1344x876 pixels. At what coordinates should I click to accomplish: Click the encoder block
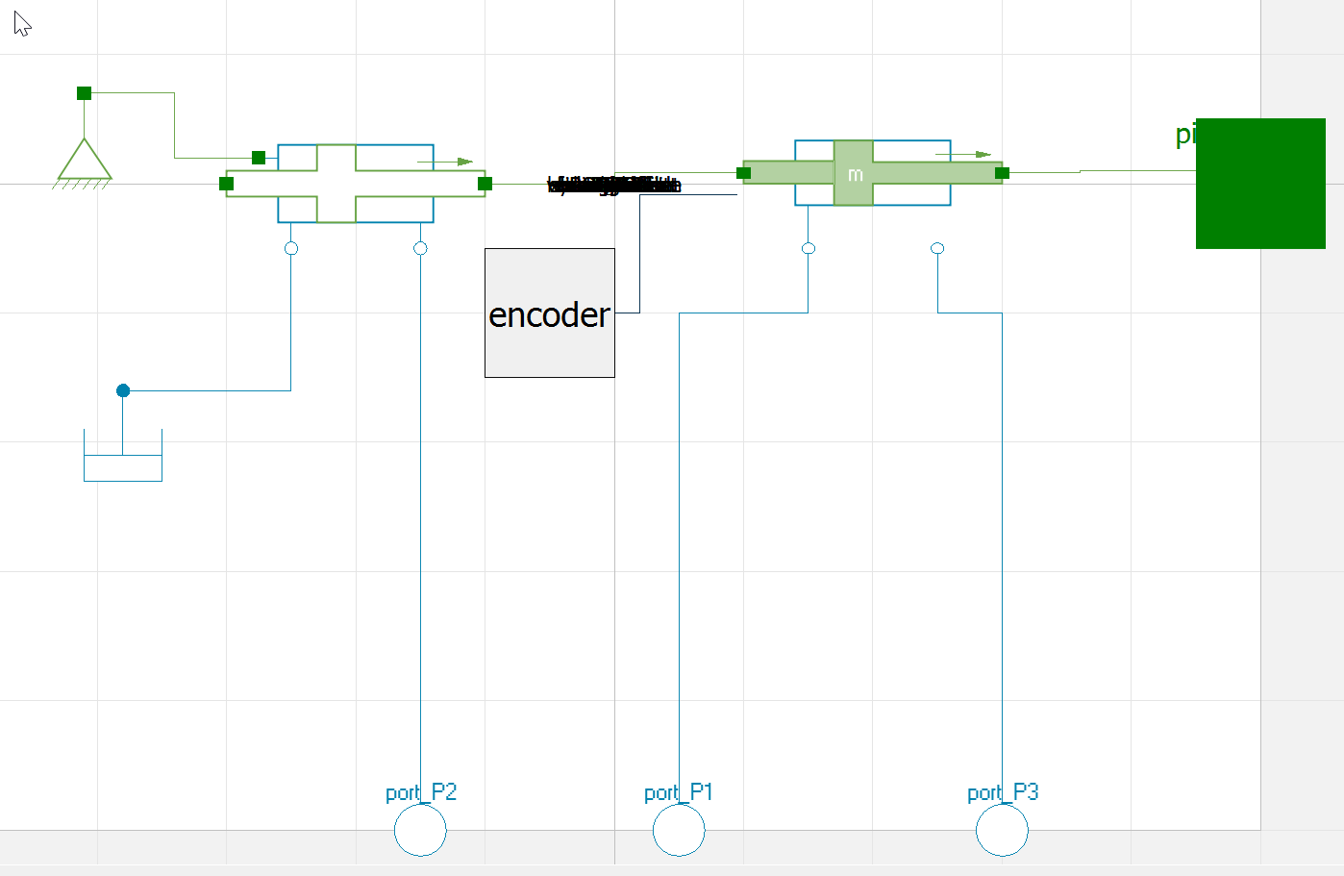[x=549, y=313]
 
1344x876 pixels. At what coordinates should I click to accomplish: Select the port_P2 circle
[x=420, y=830]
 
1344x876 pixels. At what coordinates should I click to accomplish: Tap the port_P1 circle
[x=679, y=830]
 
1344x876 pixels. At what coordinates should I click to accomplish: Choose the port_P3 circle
[x=1002, y=830]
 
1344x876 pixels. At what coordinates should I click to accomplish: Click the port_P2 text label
[x=421, y=792]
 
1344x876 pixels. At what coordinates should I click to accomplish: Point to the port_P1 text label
[x=679, y=792]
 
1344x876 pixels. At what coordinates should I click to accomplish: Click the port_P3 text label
[x=1003, y=792]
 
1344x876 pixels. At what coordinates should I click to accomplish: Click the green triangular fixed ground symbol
[x=85, y=162]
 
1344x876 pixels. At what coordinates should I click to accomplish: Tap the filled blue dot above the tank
[x=123, y=390]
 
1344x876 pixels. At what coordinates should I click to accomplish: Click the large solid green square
[x=1260, y=184]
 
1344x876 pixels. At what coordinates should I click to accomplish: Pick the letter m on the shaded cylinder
[x=855, y=175]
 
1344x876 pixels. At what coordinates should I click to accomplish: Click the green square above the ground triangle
[x=85, y=93]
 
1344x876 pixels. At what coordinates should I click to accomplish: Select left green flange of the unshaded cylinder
[x=227, y=184]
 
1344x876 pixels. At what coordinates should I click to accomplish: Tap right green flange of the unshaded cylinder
[x=485, y=184]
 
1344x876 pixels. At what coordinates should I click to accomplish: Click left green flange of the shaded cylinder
[x=743, y=173]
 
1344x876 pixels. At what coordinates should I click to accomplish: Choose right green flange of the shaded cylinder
[x=1002, y=173]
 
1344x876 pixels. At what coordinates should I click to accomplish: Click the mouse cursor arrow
[x=22, y=24]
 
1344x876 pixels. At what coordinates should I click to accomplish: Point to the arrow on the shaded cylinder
[x=963, y=154]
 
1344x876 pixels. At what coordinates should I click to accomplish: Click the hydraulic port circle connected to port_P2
[x=420, y=248]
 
